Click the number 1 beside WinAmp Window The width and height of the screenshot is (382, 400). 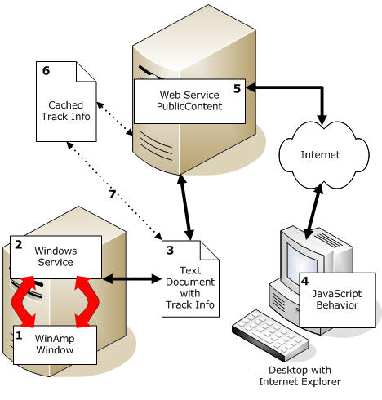point(21,334)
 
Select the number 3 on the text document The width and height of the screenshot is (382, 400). point(169,250)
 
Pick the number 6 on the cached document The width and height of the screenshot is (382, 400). point(46,72)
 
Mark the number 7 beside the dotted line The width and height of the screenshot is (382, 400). point(113,193)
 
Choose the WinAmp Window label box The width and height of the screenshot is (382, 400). point(55,343)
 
